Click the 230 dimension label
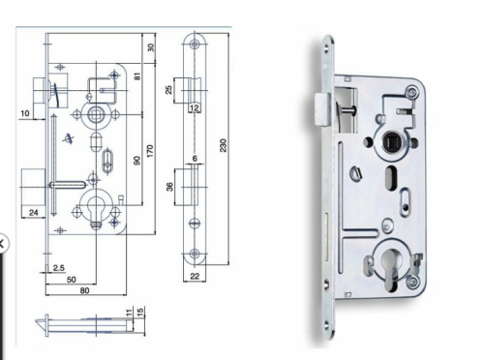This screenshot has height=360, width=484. (223, 145)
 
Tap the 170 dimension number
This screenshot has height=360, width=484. (150, 151)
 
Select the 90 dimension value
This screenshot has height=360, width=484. (137, 161)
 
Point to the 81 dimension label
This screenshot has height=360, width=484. (137, 76)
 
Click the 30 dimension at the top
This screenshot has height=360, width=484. (151, 47)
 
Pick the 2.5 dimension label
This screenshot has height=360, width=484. (59, 268)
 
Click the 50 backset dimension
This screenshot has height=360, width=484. (72, 280)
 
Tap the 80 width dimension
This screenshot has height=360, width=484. (84, 290)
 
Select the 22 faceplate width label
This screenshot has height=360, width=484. (195, 276)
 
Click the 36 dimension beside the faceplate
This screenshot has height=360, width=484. (169, 187)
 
